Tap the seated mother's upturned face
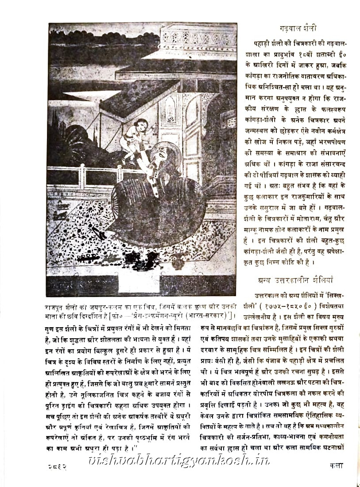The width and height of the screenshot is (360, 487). click(163, 156)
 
